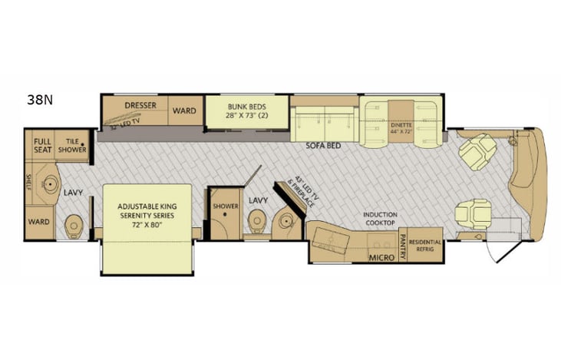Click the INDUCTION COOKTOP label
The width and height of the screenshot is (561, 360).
click(x=379, y=218)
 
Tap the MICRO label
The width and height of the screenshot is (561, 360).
click(x=381, y=257)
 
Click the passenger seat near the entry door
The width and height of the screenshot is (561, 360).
click(x=470, y=212)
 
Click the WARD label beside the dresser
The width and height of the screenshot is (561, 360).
click(x=183, y=110)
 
